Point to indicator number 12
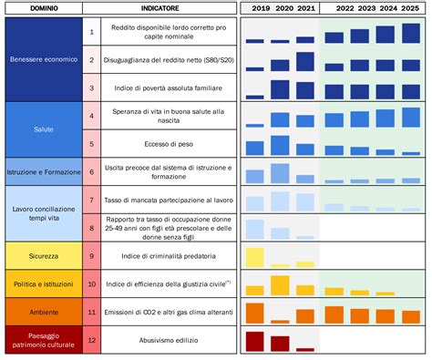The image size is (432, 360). tap(91, 341)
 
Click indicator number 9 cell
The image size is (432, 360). tap(91, 256)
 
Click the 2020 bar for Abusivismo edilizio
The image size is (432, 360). tap(280, 344)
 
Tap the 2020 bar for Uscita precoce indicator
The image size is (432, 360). tap(280, 174)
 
